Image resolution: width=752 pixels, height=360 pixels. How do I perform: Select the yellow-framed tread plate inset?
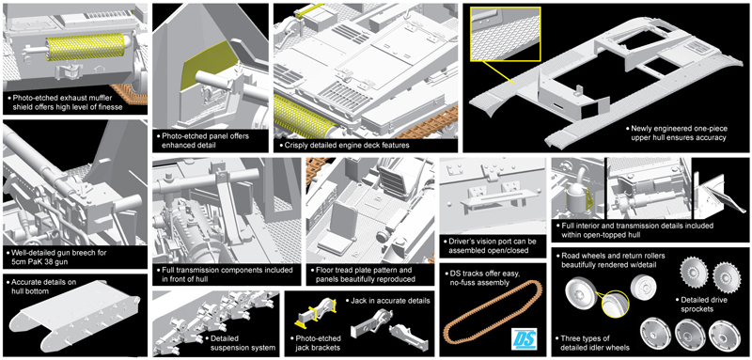pyautogui.click(x=506, y=34)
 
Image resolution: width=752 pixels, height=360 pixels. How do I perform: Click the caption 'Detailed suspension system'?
pyautogui.click(x=238, y=343)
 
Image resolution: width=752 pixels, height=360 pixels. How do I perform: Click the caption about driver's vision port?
pyautogui.click(x=490, y=245)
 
